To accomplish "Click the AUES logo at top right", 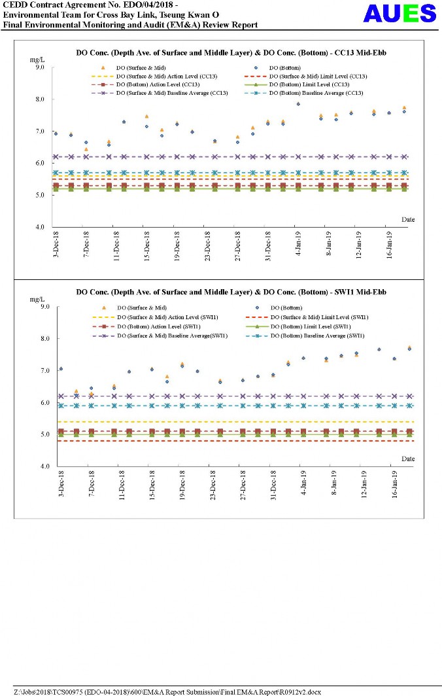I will click(x=400, y=14).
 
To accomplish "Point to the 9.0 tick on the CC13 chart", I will click(x=39, y=67).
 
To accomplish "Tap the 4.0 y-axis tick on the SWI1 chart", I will click(x=39, y=466).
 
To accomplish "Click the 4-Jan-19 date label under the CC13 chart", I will click(x=298, y=247).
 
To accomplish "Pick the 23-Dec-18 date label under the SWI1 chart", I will click(x=211, y=485).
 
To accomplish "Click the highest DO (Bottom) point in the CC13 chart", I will click(x=298, y=104).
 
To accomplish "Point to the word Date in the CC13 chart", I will click(x=407, y=220).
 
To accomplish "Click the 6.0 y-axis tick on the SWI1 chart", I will click(x=39, y=403).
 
